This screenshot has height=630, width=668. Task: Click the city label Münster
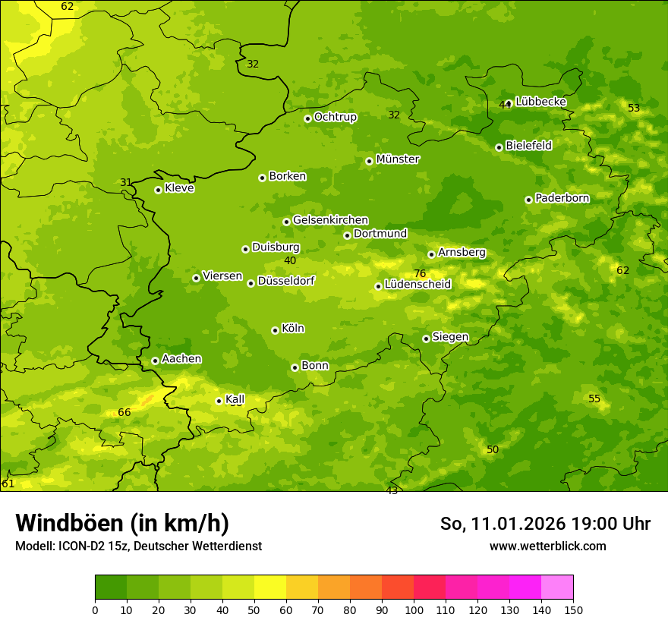coord(398,159)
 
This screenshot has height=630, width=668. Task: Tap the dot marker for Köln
coord(275,330)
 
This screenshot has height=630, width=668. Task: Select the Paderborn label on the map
coord(562,198)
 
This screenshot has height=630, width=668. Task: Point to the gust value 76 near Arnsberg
coord(420,274)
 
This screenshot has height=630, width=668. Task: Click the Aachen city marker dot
coord(155,361)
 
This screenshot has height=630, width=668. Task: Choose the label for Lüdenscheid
coord(417,285)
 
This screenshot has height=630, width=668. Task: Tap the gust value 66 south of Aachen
coord(124,412)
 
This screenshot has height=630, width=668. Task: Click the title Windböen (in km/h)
coord(122,523)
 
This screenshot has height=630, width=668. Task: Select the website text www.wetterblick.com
coord(547,546)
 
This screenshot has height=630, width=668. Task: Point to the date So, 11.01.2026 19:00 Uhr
coord(545,524)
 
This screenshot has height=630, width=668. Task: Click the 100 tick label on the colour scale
coord(414,610)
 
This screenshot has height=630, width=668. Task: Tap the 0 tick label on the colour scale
coord(95,610)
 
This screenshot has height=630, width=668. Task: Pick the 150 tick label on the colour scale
coord(573,610)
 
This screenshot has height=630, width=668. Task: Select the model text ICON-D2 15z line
coord(138,546)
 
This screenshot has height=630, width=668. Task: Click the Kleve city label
coord(179,188)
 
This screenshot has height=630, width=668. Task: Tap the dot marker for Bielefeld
coord(499,147)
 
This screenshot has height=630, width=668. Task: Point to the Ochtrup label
coord(335,117)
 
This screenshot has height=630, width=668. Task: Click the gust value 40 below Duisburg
coord(290,260)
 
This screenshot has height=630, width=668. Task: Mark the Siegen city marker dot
coord(426,339)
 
